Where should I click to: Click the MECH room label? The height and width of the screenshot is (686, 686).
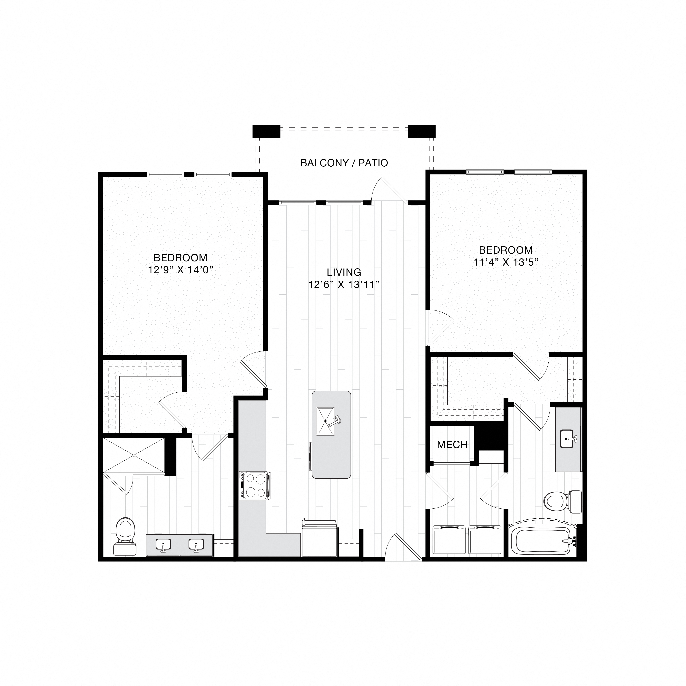pos(452,445)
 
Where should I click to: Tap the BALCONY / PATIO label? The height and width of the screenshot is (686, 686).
pos(344,163)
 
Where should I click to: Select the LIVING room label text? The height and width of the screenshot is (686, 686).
pos(344,272)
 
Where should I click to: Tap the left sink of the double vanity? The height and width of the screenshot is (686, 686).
pos(163,544)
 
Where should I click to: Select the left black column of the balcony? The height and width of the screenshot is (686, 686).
pos(266,131)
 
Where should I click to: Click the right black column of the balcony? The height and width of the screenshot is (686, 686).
pos(421,131)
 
